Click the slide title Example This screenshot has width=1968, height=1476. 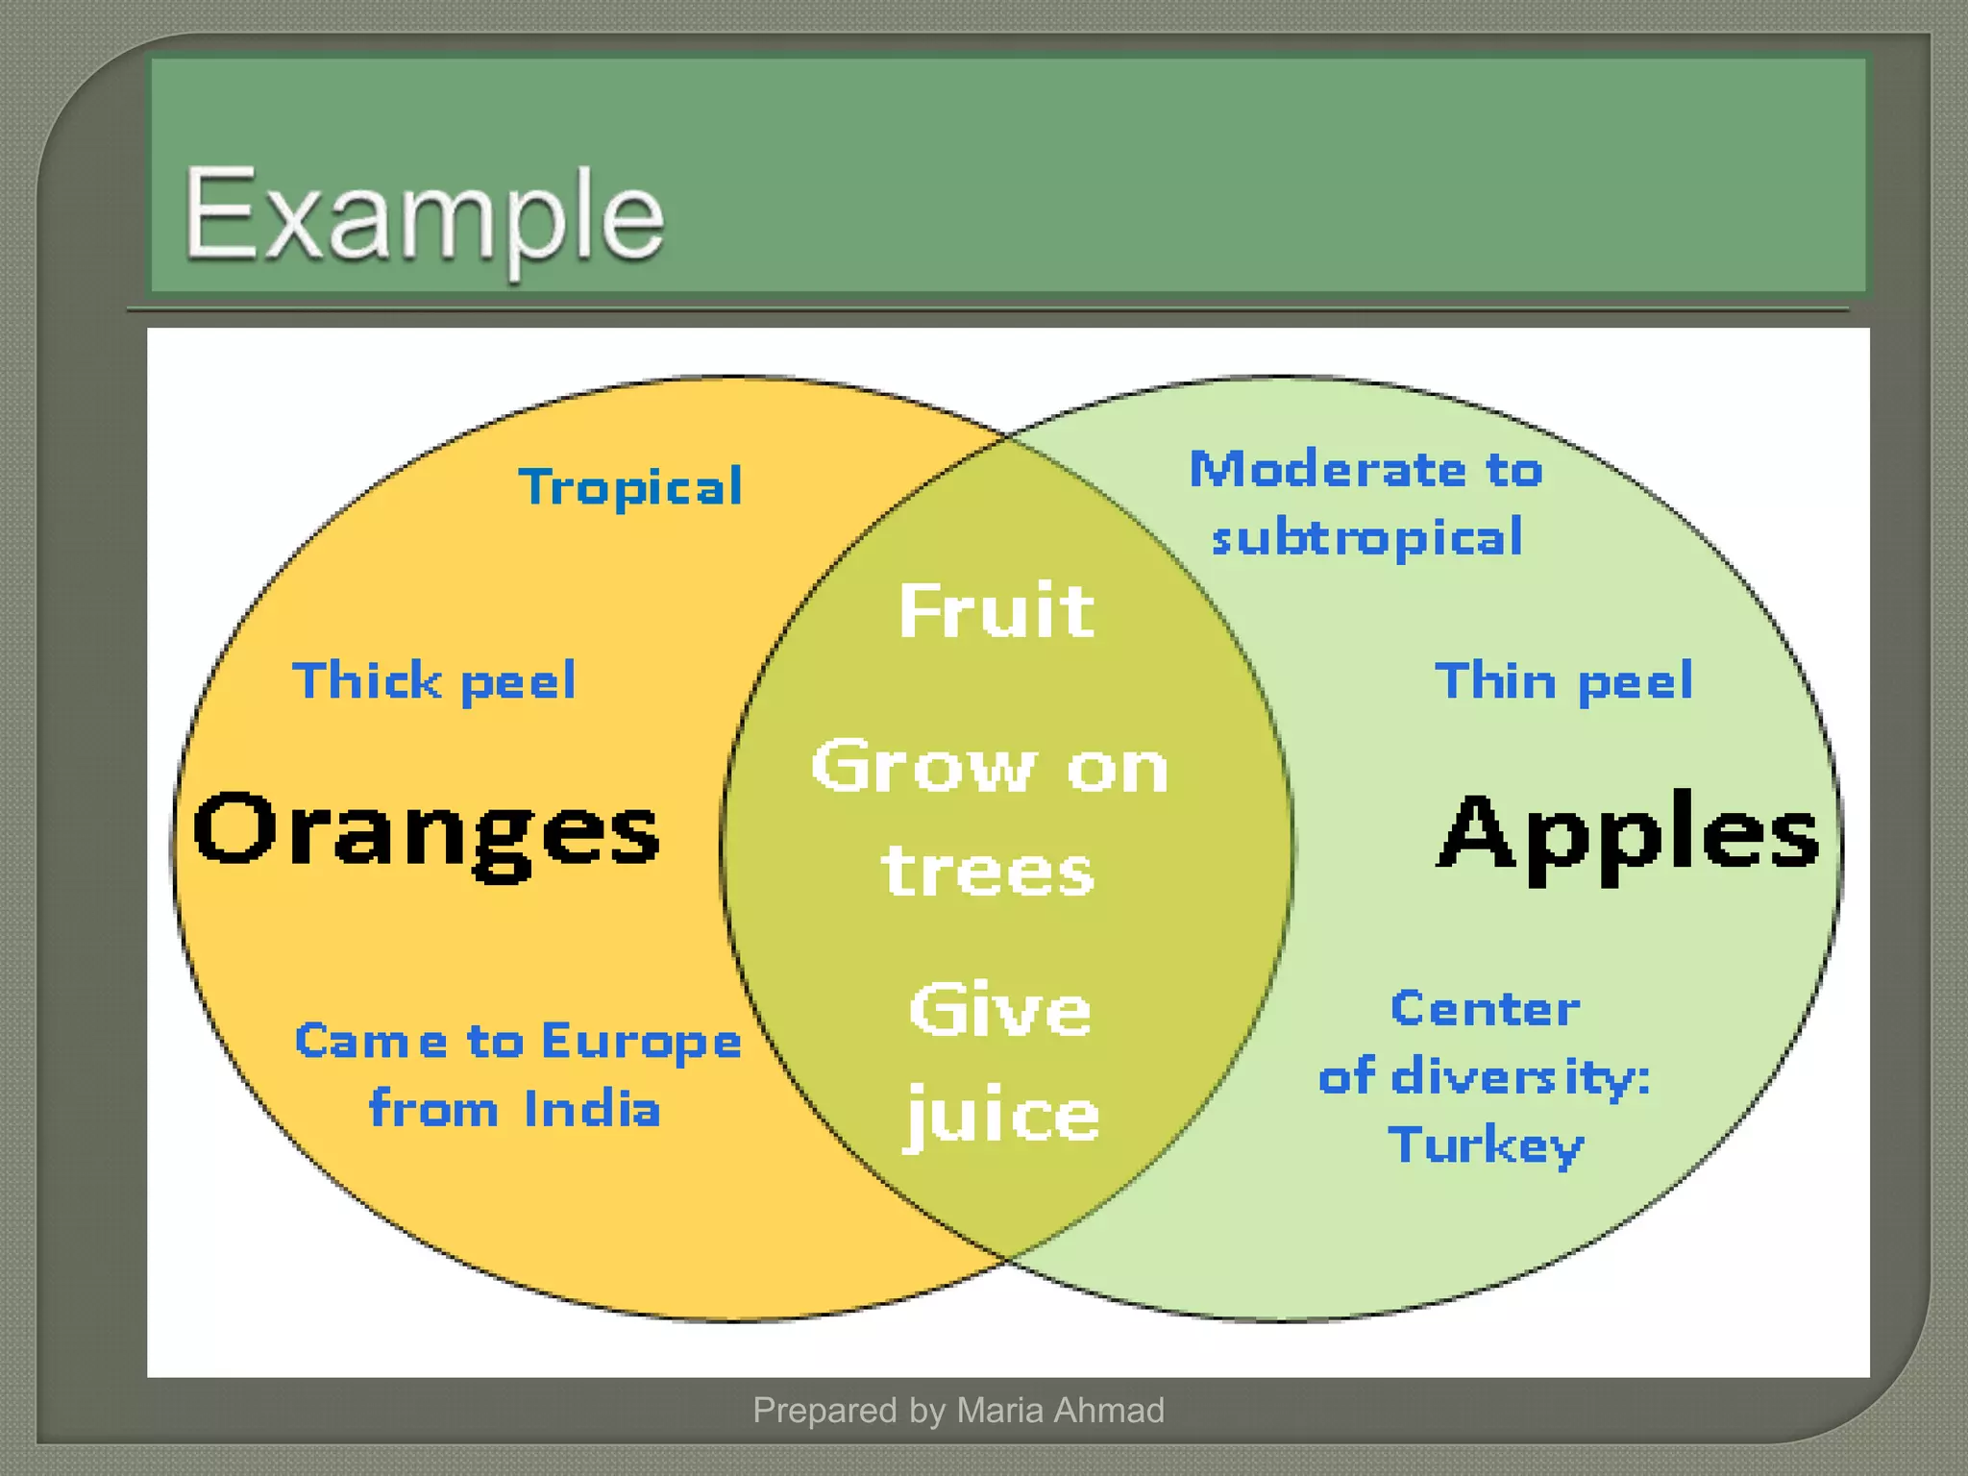pyautogui.click(x=424, y=216)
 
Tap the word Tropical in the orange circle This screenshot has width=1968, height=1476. pyautogui.click(x=630, y=487)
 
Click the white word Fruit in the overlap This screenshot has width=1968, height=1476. pyautogui.click(x=996, y=611)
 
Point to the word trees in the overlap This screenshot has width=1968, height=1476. pyautogui.click(x=988, y=872)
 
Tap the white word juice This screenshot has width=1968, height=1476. pyautogui.click(x=1001, y=1115)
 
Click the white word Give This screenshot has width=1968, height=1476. pyautogui.click(x=1000, y=1011)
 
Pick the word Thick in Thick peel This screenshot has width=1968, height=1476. pyautogui.click(x=366, y=681)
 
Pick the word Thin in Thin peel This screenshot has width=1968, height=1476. pyautogui.click(x=1495, y=681)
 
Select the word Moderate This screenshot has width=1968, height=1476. pyautogui.click(x=1328, y=470)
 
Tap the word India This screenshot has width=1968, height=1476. pyautogui.click(x=593, y=1109)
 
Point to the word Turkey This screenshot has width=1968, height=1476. pyautogui.click(x=1486, y=1145)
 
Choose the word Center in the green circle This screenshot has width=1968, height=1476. pyautogui.click(x=1486, y=1009)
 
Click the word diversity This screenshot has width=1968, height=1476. pyautogui.click(x=1520, y=1076)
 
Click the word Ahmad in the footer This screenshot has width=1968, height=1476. pyautogui.click(x=1109, y=1410)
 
